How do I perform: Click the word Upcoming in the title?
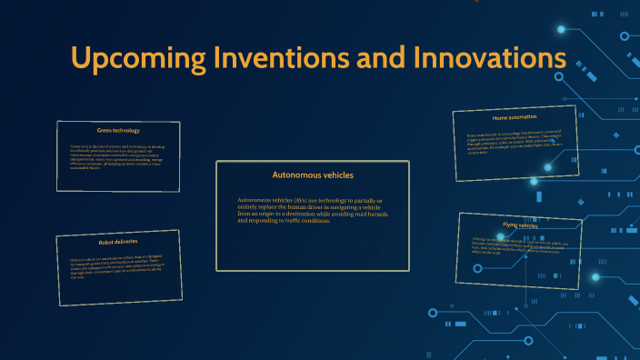pyautogui.click(x=133, y=58)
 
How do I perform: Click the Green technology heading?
pyautogui.click(x=118, y=130)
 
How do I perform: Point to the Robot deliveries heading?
pyautogui.click(x=118, y=243)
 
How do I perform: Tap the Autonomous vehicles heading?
pyautogui.click(x=313, y=175)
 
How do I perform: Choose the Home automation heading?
pyautogui.click(x=515, y=118)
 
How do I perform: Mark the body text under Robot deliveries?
pyautogui.click(x=118, y=266)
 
